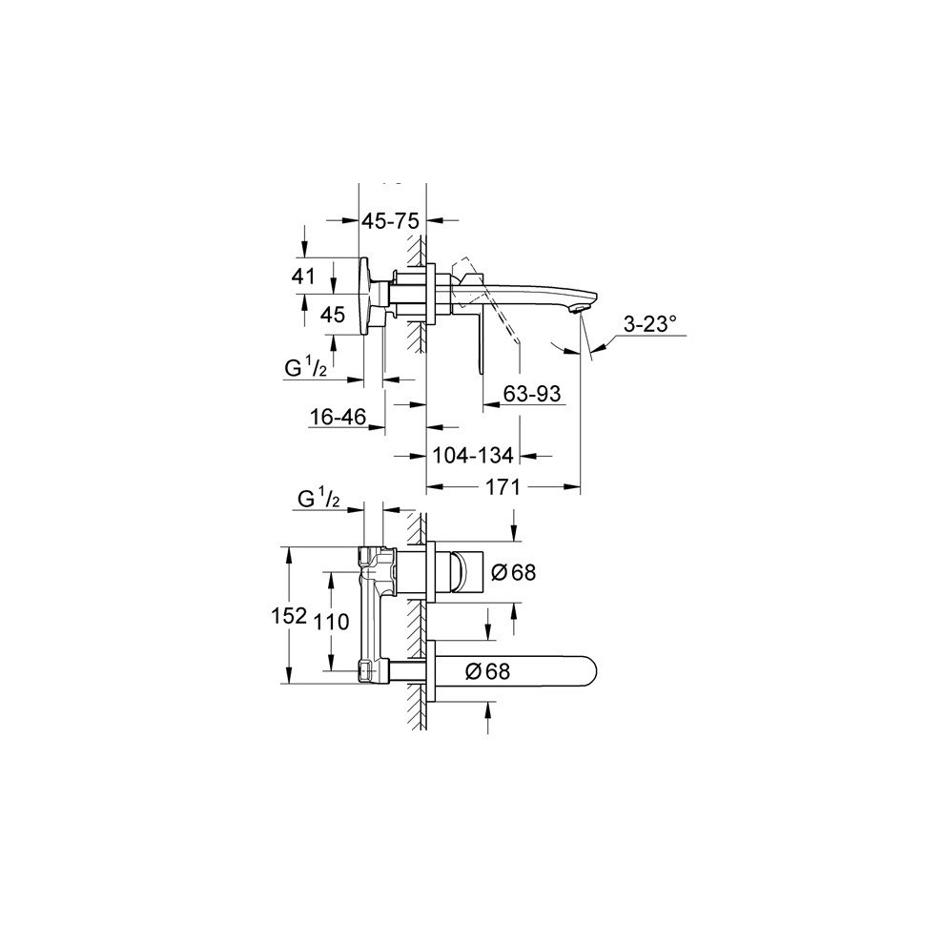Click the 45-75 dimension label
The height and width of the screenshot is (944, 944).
[x=390, y=220]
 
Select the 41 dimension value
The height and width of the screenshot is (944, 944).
[x=304, y=277]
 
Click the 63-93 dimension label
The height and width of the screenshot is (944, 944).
[x=531, y=392]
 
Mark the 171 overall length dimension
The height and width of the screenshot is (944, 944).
[x=502, y=487]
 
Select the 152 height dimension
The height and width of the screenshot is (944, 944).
[x=304, y=615]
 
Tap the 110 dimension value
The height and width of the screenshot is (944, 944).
[x=332, y=621]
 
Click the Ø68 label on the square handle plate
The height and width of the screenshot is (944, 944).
[x=513, y=572]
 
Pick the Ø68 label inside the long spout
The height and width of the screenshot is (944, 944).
[x=487, y=671]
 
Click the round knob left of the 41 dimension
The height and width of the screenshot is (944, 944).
[x=364, y=296]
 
